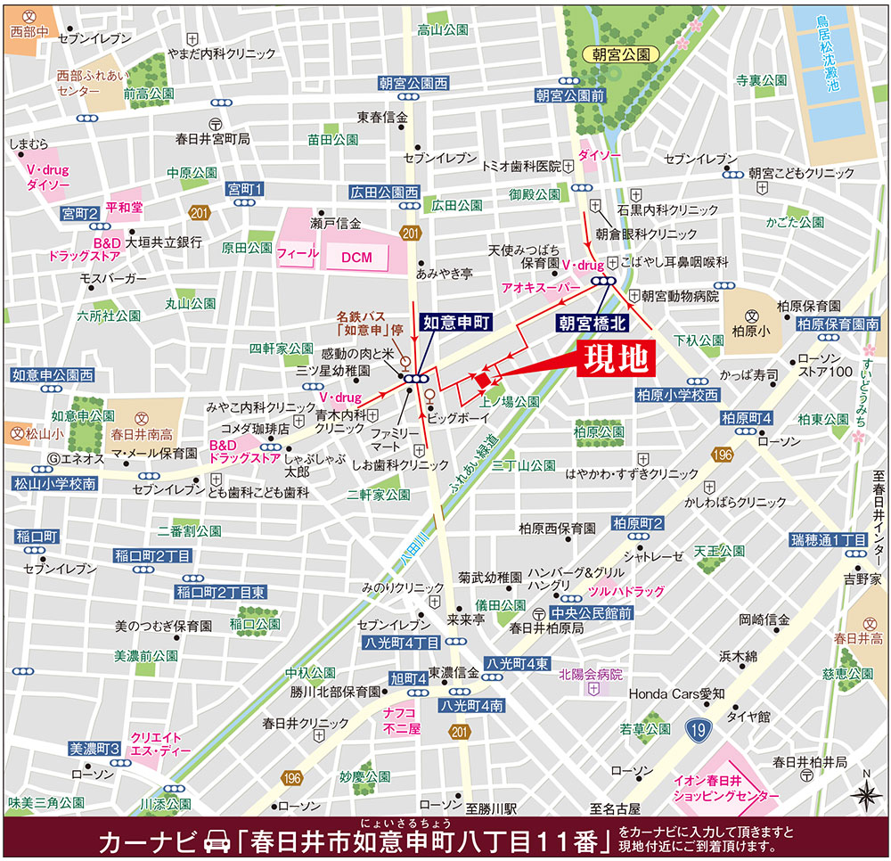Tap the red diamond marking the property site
(482, 381)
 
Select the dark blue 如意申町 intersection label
(451, 323)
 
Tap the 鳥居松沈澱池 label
(833, 53)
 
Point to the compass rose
(863, 793)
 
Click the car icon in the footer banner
(217, 840)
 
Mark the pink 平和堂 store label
(124, 207)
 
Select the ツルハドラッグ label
(625, 591)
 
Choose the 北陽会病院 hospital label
(591, 675)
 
